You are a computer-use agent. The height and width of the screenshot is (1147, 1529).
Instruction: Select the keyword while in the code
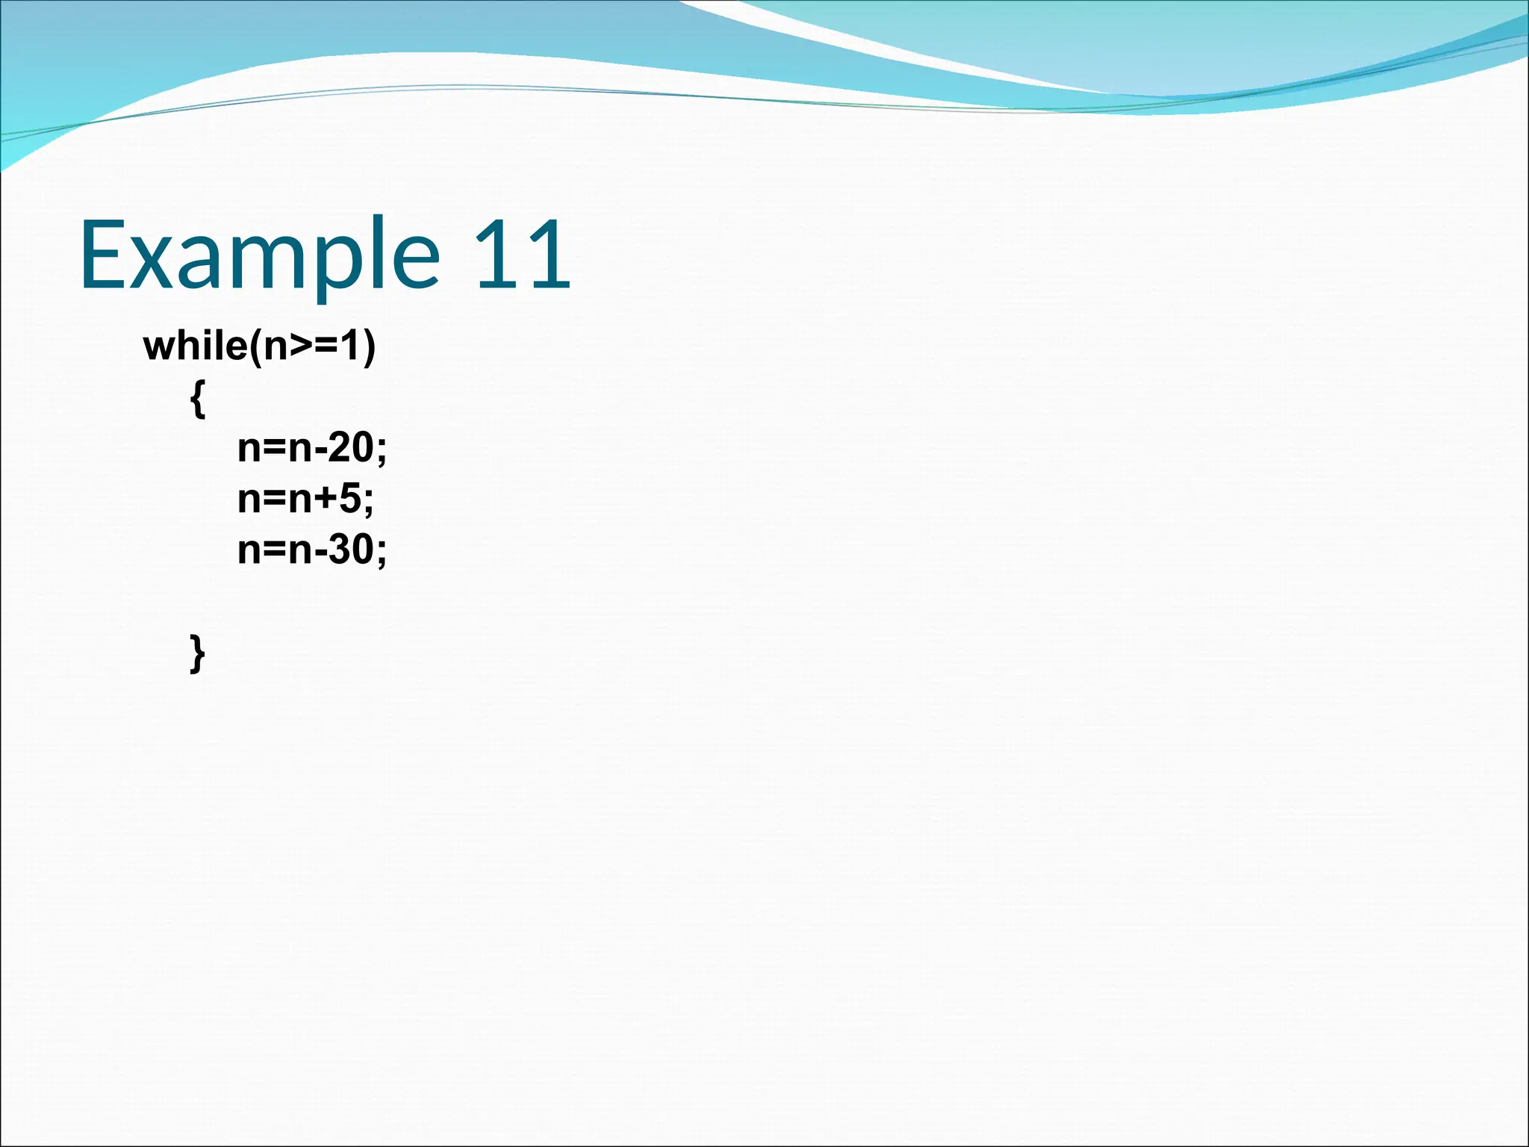[195, 346]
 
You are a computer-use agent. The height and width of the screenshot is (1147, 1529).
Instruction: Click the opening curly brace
[197, 400]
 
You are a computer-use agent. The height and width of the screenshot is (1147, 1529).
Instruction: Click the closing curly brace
[197, 653]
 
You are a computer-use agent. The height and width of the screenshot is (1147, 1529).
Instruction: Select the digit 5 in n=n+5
[351, 499]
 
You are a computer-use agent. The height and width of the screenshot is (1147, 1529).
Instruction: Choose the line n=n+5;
[305, 499]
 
